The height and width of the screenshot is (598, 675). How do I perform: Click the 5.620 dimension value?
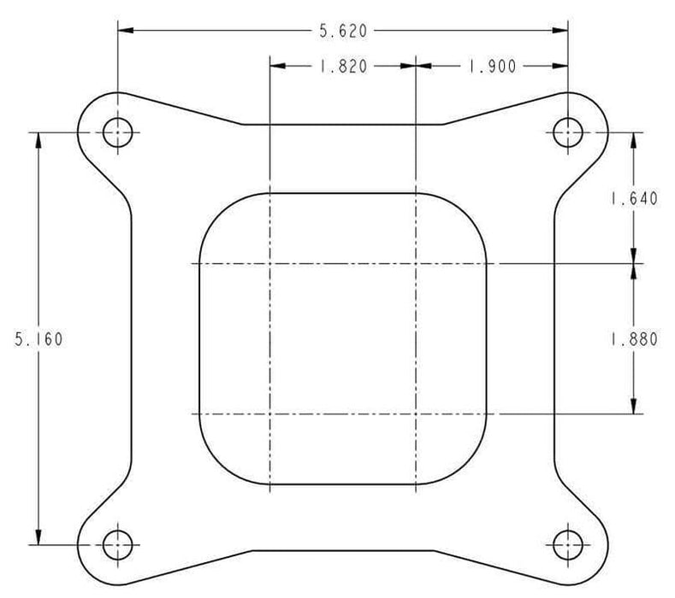click(x=343, y=32)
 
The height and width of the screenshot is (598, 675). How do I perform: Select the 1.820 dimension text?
click(x=343, y=67)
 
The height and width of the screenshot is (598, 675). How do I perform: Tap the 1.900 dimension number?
click(x=492, y=67)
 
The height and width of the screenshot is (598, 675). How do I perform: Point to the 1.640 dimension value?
click(x=633, y=199)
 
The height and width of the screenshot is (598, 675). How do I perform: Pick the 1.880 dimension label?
click(x=633, y=338)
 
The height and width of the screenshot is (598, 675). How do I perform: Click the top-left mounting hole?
click(x=117, y=132)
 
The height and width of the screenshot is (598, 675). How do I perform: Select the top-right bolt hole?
click(x=568, y=132)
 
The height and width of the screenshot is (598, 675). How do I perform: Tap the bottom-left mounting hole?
click(x=117, y=543)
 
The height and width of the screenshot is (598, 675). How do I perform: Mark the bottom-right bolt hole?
click(x=568, y=543)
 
